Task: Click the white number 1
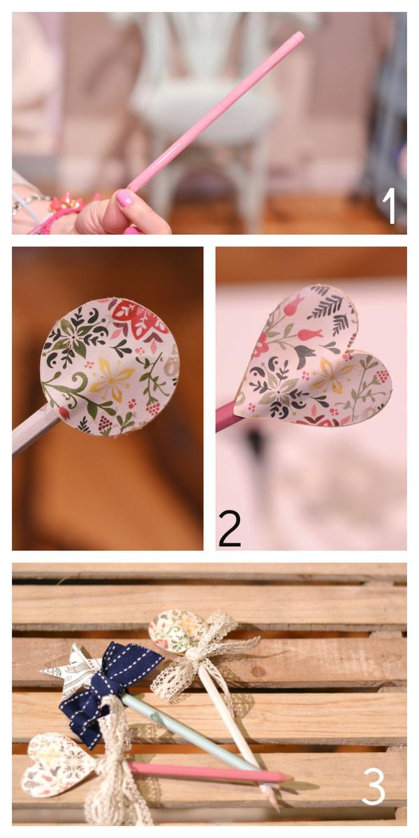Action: click(390, 206)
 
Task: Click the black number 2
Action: click(229, 529)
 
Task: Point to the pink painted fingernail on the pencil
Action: click(125, 198)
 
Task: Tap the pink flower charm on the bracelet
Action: click(66, 202)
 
